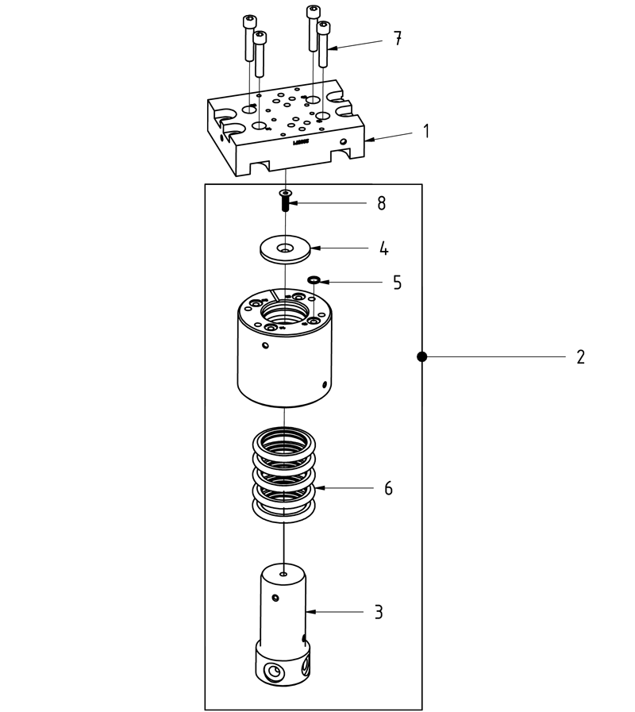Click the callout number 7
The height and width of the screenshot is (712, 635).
coord(398,38)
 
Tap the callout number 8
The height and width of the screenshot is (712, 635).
coord(381,203)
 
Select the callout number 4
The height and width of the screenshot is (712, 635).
coord(383,248)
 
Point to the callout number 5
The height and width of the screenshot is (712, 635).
coord(397,282)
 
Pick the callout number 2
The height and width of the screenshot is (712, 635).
coord(580,357)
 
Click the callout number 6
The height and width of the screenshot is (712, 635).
coord(388,488)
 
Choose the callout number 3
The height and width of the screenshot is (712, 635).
coord(379,612)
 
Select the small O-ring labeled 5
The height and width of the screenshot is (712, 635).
coord(314,279)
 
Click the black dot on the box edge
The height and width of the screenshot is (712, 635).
coord(422,357)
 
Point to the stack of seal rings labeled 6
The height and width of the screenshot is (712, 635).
coord(283,476)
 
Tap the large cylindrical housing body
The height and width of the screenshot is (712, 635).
coord(283,365)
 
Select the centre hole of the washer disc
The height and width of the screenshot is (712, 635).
coord(284,249)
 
